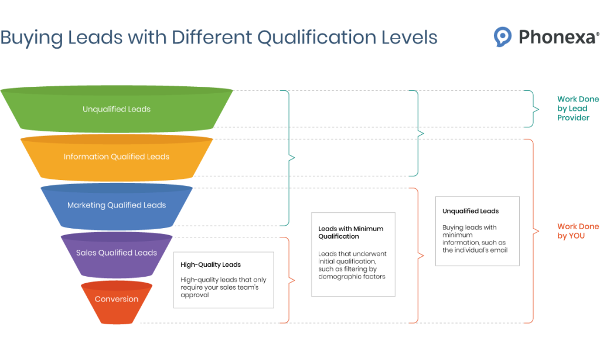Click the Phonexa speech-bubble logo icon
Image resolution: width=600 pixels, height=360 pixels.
pos(503,37)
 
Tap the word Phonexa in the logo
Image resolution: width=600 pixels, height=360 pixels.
pos(557,38)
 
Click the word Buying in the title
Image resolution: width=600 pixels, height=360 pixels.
pos(31,38)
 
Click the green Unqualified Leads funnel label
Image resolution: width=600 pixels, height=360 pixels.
pos(117,109)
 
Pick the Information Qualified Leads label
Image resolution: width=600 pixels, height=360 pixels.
pos(117,157)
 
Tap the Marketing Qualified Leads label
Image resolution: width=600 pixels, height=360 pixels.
pos(117,205)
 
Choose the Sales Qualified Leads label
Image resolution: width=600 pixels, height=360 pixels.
pos(117,253)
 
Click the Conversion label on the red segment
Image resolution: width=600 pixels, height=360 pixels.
pos(117,299)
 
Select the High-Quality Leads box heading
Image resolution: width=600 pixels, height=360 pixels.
pos(211,264)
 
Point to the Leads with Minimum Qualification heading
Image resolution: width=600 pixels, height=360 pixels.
pos(350,232)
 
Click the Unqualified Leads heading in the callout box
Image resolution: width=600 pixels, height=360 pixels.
pos(471,211)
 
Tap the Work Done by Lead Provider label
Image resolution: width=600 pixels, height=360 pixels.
pos(578,108)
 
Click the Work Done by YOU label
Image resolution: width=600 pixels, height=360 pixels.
pos(578,231)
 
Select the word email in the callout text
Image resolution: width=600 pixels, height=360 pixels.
pos(497,250)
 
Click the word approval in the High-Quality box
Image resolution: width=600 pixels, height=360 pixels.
pos(195,296)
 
